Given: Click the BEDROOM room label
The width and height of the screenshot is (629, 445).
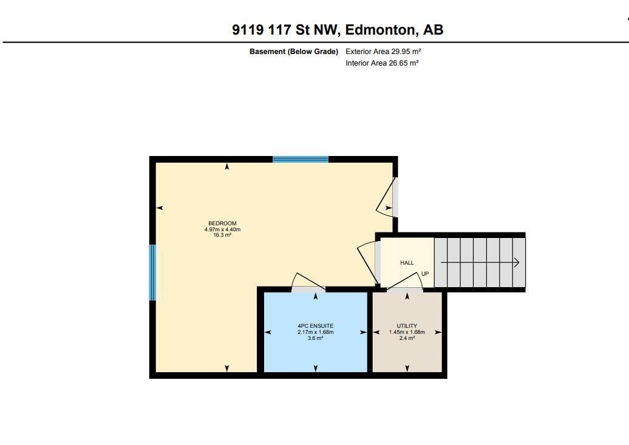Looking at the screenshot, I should pyautogui.click(x=222, y=223).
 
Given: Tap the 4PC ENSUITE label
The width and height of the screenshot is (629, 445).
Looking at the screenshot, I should pyautogui.click(x=315, y=326).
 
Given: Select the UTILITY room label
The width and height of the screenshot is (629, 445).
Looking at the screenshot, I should pyautogui.click(x=407, y=326).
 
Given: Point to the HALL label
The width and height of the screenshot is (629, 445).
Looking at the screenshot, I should pyautogui.click(x=407, y=263).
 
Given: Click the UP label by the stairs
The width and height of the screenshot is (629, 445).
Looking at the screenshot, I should pyautogui.click(x=425, y=274).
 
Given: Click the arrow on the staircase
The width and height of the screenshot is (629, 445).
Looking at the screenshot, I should pyautogui.click(x=480, y=263).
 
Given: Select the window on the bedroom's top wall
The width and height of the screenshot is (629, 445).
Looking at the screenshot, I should pyautogui.click(x=301, y=160).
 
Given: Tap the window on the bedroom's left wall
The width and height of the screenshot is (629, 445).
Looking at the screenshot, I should pyautogui.click(x=153, y=273).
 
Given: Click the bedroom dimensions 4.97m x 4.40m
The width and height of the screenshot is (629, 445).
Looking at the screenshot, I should pyautogui.click(x=222, y=229).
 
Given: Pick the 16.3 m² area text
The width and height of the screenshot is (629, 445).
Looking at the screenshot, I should pyautogui.click(x=222, y=235).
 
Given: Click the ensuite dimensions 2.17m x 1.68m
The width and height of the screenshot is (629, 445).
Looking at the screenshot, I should pyautogui.click(x=315, y=332).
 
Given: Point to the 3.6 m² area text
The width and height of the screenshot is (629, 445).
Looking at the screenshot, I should pyautogui.click(x=315, y=338).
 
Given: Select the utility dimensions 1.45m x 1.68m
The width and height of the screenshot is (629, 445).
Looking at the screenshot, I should pyautogui.click(x=407, y=332).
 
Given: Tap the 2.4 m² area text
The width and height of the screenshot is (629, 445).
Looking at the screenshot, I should pyautogui.click(x=407, y=338).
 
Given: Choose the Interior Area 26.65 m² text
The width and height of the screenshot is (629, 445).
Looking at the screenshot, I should pyautogui.click(x=382, y=63).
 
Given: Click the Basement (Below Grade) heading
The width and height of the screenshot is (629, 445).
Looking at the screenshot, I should pyautogui.click(x=294, y=52).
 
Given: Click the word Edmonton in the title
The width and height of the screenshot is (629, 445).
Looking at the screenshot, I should pyautogui.click(x=381, y=29).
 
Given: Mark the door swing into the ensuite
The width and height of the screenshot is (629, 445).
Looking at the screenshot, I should pyautogui.click(x=308, y=282).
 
